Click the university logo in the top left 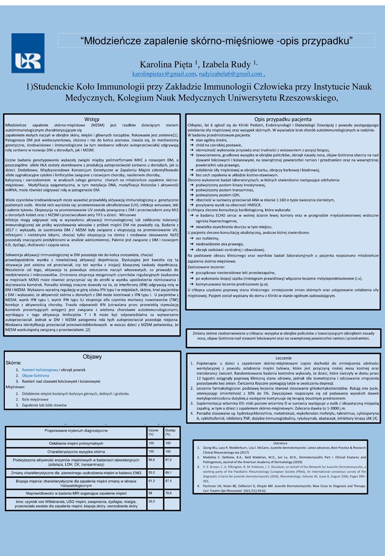pyautogui.click(x=28, y=53)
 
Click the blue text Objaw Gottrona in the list pyautogui.click(x=36, y=376)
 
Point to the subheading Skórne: pyautogui.click(x=14, y=362)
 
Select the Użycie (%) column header pyautogui.click(x=153, y=432)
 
